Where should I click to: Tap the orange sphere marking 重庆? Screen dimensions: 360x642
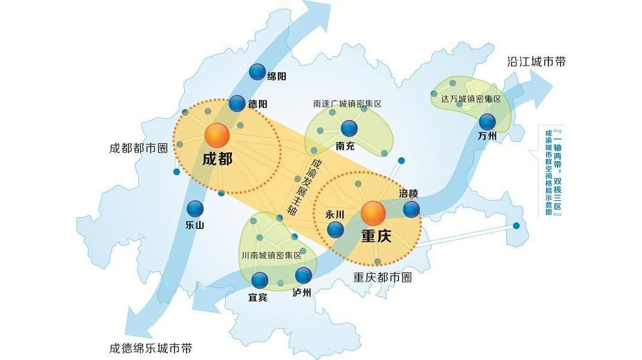(373, 214)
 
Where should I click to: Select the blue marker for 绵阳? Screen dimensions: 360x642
(258, 72)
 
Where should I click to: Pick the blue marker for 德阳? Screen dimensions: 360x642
(237, 103)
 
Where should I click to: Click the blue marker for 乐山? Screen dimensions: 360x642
(195, 209)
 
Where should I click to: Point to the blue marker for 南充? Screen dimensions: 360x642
(349, 128)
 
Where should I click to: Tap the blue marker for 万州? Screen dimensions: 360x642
(487, 122)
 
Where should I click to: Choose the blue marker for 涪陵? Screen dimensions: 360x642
(411, 209)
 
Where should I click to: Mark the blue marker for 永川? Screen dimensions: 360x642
(335, 230)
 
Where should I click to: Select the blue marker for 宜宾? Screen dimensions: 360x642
(260, 280)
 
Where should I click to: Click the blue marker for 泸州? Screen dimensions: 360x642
(304, 276)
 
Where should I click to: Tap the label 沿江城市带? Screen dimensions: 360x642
(536, 62)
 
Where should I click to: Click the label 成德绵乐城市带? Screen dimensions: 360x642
(150, 348)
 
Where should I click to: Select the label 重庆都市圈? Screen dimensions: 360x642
(383, 277)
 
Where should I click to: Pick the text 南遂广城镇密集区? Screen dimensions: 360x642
(347, 104)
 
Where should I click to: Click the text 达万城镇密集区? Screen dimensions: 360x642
(471, 99)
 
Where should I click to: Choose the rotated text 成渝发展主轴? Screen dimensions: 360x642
(305, 187)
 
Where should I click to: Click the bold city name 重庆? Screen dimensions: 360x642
(376, 236)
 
